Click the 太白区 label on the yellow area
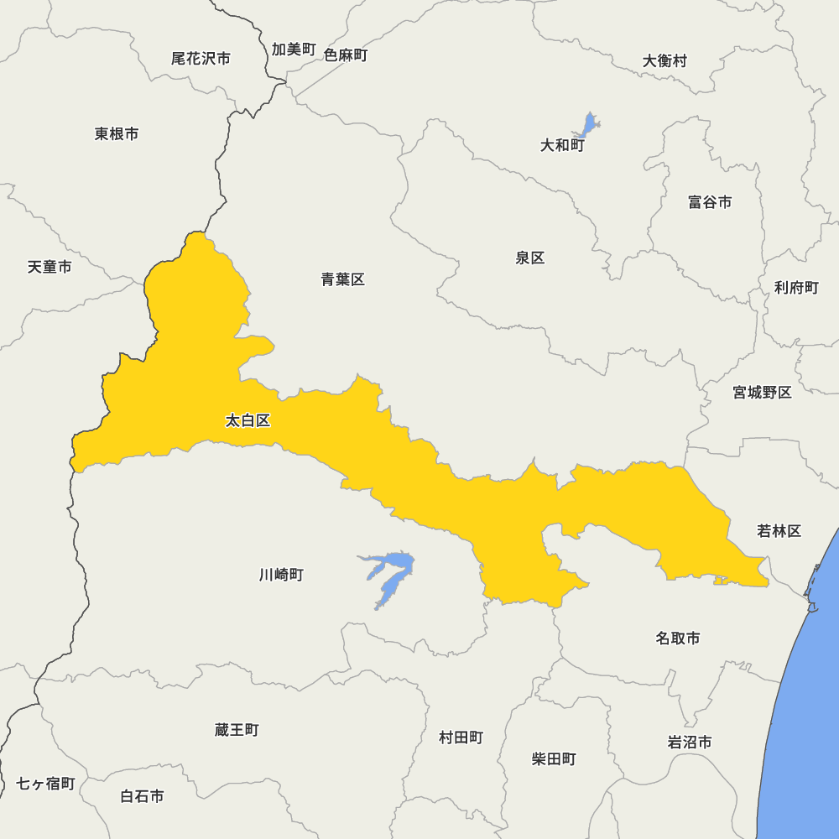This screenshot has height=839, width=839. point(248,420)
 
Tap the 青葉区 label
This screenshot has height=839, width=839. point(342,279)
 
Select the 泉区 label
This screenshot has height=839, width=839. point(530,258)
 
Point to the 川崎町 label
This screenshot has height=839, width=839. point(281,575)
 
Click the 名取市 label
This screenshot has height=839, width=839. point(678,638)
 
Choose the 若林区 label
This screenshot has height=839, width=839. point(779,530)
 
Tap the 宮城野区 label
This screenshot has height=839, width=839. point(762,392)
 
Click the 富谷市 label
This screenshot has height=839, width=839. point(710,202)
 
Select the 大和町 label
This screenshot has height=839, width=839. point(562,145)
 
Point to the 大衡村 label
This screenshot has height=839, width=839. point(664,60)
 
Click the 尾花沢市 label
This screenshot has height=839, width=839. point(201,59)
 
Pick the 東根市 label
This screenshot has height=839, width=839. point(117,133)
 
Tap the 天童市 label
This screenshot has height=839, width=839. point(50,267)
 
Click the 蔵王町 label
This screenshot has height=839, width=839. point(237,730)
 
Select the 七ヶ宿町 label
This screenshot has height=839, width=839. point(46,784)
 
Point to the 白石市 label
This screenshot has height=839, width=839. point(142,796)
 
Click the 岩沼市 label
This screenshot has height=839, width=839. point(690,743)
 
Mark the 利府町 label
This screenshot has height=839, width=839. point(796,288)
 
